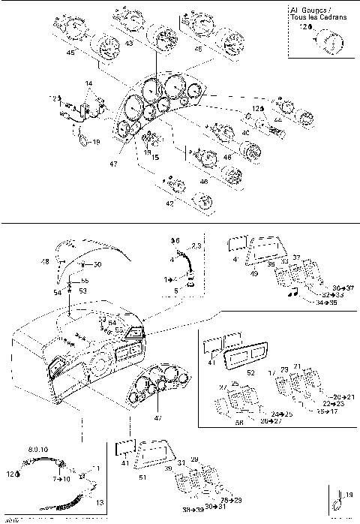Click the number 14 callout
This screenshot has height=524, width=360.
pyautogui.click(x=88, y=83)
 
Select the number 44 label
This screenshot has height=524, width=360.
pyautogui.click(x=278, y=120)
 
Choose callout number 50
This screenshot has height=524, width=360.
pyautogui.click(x=97, y=265)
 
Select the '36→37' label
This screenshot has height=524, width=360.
pyautogui.click(x=341, y=287)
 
